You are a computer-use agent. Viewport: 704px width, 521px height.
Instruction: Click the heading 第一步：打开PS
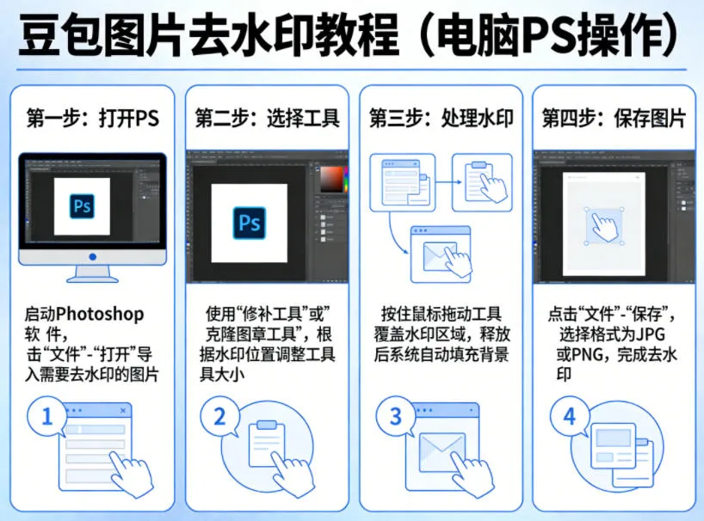click(x=94, y=119)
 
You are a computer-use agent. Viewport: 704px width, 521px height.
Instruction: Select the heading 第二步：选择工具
click(x=267, y=119)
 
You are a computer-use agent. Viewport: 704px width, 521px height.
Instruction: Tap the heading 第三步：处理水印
click(x=441, y=119)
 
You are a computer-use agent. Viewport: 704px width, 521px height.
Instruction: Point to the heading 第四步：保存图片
click(x=614, y=119)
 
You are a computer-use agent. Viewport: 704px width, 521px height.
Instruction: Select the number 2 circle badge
click(x=219, y=418)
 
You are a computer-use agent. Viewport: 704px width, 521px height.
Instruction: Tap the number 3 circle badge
click(x=395, y=418)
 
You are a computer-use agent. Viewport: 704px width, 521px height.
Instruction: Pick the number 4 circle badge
click(x=569, y=418)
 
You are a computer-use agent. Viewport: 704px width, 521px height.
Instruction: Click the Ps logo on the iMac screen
click(x=83, y=206)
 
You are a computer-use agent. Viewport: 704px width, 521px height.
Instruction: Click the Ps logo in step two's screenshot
click(x=250, y=223)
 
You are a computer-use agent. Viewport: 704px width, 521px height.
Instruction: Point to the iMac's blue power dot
click(x=92, y=257)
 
